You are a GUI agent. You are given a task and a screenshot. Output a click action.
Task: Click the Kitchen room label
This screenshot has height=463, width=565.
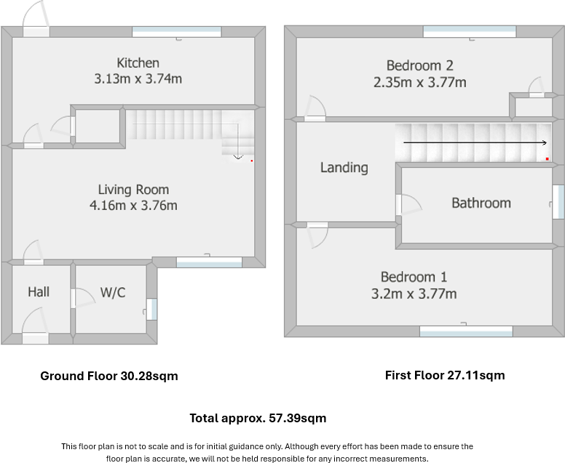point(138,63)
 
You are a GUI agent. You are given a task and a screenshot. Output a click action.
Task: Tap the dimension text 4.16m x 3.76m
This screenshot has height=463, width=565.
point(133,206)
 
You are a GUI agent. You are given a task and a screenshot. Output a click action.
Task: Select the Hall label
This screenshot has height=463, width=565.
point(39,291)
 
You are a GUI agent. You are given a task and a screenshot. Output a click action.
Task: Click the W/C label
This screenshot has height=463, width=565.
point(113,292)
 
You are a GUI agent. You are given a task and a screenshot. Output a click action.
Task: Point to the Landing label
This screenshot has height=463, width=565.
point(344,168)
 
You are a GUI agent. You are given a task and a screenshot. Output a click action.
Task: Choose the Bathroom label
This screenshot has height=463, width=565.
point(481,203)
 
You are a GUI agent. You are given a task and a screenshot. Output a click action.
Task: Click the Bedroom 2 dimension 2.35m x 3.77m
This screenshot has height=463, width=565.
point(420,82)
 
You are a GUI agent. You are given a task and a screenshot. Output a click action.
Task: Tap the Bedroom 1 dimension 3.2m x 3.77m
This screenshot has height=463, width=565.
point(414,294)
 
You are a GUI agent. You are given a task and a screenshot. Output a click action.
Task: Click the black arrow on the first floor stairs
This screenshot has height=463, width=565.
point(475,142)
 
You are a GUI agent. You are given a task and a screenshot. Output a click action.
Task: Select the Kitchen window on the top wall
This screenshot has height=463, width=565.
point(176,32)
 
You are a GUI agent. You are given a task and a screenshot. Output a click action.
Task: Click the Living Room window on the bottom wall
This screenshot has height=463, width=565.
point(209,262)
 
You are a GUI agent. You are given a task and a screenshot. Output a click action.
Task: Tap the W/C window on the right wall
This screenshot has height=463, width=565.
point(152,310)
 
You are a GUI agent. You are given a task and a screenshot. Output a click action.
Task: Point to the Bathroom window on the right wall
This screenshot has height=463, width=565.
point(558,201)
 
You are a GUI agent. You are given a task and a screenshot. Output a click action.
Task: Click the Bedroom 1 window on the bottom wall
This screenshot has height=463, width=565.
point(466,331)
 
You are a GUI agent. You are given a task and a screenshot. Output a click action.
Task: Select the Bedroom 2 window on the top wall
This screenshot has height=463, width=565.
point(470,31)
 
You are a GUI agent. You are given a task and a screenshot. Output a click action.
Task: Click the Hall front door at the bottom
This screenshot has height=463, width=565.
point(35,338)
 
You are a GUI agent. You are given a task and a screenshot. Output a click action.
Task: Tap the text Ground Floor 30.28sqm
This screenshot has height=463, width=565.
point(109,376)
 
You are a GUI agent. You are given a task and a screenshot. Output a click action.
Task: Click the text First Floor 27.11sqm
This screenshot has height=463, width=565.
point(445,375)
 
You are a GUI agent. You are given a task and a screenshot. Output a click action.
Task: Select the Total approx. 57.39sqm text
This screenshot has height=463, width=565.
point(258,418)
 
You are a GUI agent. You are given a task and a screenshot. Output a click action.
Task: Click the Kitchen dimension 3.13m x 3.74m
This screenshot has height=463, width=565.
point(138,78)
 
